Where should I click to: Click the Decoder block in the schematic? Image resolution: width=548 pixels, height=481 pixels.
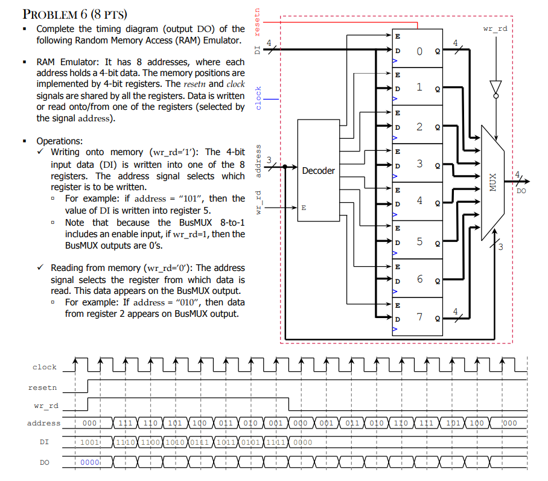318,171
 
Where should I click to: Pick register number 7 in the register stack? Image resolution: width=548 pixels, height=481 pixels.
418,316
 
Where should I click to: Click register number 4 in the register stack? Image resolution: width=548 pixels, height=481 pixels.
418,202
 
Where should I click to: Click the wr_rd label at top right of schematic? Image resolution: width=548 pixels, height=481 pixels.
495,29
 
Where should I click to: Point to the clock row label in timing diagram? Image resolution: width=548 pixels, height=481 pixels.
45,367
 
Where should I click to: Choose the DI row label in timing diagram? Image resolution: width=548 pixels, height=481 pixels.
45,442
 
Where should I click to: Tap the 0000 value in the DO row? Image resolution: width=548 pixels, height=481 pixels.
89,462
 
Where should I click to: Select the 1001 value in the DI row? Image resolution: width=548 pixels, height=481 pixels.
89,442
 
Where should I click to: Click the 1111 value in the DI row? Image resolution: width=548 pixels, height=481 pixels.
275,442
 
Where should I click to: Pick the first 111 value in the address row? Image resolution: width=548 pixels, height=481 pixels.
125,423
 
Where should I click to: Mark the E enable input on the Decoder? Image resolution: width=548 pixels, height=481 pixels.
303,207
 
